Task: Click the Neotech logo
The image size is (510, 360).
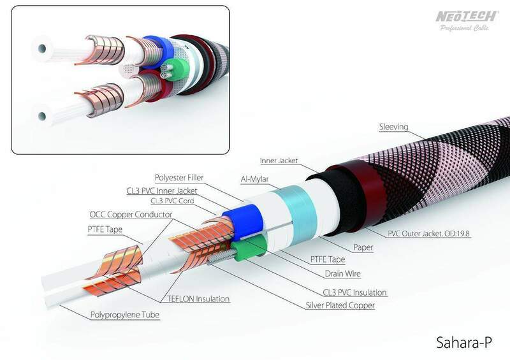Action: (467, 20)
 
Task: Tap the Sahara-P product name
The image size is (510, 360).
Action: (464, 342)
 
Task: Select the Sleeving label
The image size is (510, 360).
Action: (393, 127)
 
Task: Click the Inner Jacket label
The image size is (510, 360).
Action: (279, 161)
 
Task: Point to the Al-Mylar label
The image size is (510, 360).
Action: (254, 179)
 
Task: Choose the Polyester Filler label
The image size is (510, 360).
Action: (179, 178)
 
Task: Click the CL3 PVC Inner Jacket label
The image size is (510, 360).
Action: (162, 191)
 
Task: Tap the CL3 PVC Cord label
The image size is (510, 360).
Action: (172, 201)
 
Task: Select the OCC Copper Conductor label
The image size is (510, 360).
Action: (131, 214)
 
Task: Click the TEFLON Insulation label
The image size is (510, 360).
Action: (198, 299)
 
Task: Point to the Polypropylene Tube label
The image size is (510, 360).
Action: (125, 315)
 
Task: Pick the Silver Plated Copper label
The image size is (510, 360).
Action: (340, 305)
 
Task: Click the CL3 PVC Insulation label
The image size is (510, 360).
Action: (354, 292)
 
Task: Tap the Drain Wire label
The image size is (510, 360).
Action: (343, 273)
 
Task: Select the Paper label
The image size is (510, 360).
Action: (363, 247)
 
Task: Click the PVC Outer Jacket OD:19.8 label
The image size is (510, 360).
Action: (428, 233)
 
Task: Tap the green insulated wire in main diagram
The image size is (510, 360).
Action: (251, 248)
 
